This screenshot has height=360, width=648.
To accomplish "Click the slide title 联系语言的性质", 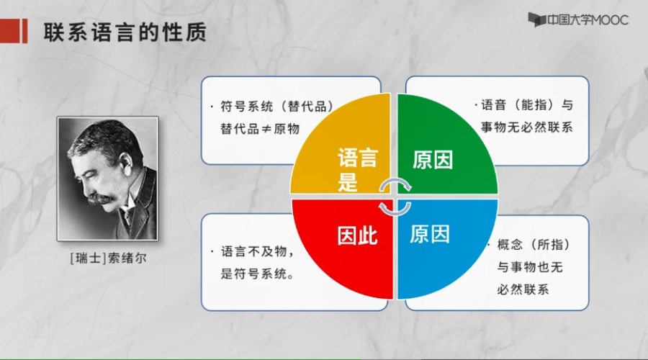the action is (x=125, y=32).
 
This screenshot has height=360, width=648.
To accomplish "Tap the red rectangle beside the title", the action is (x=14, y=31).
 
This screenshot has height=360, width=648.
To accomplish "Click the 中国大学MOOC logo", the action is (x=578, y=20).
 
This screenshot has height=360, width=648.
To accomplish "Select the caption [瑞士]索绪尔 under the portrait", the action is (x=109, y=258).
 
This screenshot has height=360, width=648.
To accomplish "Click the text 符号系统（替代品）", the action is (x=277, y=107).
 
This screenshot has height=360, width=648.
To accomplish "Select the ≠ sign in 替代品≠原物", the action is (x=266, y=130).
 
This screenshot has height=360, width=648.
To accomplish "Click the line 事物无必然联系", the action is (x=526, y=127).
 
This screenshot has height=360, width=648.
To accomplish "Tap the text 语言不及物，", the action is (x=258, y=251).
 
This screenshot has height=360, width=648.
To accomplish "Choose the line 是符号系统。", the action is (x=258, y=274).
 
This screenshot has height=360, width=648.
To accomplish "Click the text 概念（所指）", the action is (x=534, y=245).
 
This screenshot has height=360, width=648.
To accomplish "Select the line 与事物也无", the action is (x=530, y=267).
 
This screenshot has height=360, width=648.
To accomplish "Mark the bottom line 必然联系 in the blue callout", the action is (x=523, y=289).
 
